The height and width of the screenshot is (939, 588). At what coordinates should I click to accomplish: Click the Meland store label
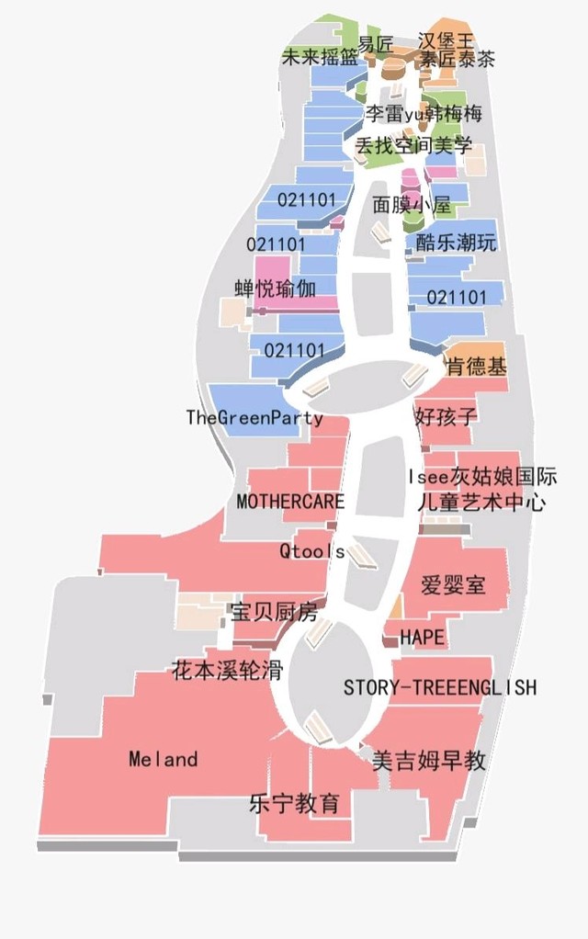click(163, 759)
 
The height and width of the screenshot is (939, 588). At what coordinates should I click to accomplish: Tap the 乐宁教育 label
click(294, 803)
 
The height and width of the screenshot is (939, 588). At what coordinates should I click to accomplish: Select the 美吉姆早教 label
click(428, 761)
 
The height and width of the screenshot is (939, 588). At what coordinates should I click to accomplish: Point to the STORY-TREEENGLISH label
click(439, 687)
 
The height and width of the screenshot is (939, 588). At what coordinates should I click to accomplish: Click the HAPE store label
click(422, 637)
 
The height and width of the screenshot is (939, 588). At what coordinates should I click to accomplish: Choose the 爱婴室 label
click(452, 584)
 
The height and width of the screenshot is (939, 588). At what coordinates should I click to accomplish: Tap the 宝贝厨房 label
click(273, 612)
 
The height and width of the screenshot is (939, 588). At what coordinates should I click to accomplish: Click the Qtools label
click(311, 551)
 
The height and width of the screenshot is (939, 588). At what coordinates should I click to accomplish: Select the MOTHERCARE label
click(290, 502)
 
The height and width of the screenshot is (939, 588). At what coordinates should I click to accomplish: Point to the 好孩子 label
click(446, 415)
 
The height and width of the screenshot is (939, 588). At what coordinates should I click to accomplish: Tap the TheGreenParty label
click(254, 418)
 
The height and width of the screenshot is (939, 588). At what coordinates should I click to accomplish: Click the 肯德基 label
click(475, 367)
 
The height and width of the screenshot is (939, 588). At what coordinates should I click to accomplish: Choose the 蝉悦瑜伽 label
click(275, 288)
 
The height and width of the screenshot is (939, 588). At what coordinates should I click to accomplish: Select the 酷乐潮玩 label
click(456, 243)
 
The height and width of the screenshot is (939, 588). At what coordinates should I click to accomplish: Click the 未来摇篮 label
click(320, 56)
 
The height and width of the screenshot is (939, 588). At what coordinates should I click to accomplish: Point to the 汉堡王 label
click(445, 41)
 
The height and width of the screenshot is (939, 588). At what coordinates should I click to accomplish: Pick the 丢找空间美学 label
click(413, 145)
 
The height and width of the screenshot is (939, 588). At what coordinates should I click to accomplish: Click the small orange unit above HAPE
click(397, 606)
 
